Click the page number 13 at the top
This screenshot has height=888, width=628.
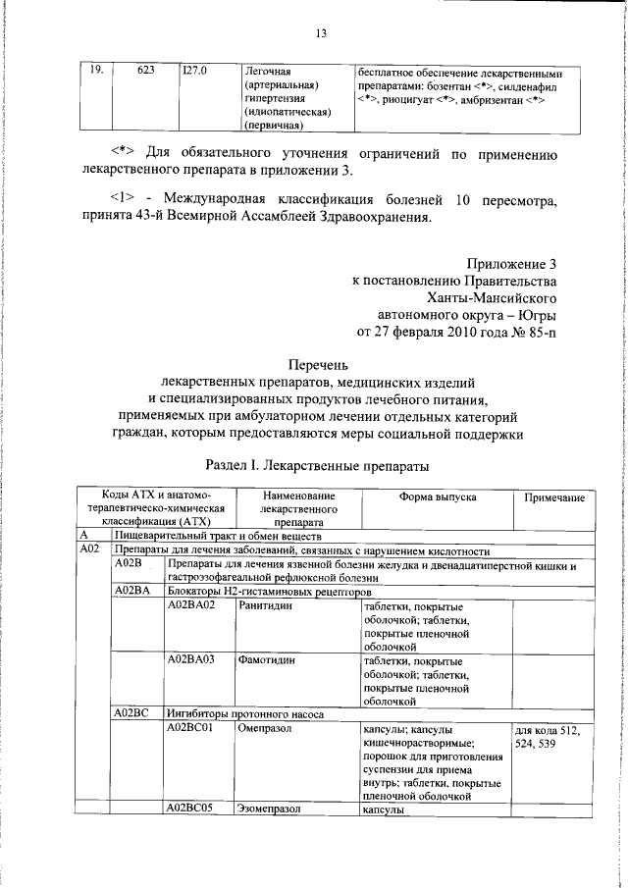point(320,34)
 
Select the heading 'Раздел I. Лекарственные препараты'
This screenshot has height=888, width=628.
point(319,462)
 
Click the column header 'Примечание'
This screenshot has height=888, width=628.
point(554,498)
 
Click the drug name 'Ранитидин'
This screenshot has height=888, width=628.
point(266,607)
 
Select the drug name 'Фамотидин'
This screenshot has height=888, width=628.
point(266,687)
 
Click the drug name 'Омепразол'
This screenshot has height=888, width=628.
point(268,758)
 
